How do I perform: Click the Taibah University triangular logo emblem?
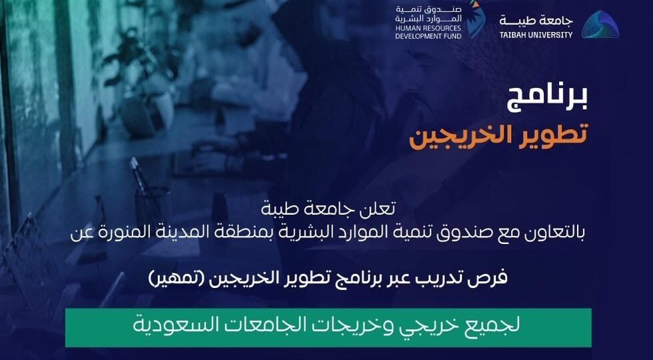point(600,25)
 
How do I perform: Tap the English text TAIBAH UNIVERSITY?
point(536,35)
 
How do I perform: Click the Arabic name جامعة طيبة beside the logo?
point(536,21)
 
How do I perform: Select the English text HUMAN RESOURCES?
point(428,28)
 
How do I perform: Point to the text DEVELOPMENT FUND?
point(428,36)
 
